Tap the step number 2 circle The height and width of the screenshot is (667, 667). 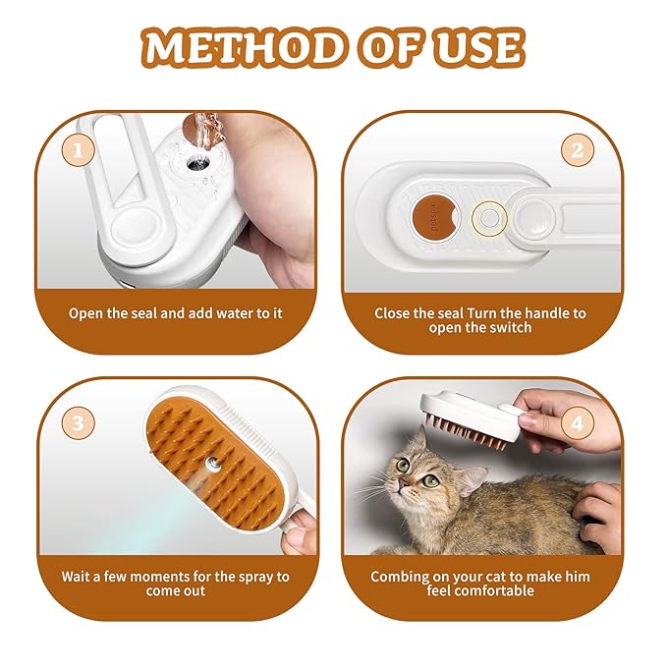pos(578,151)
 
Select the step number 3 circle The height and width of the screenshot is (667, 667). pos(78,424)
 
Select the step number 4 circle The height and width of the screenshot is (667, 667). pos(579,425)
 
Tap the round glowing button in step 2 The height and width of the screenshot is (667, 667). pos(486,217)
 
